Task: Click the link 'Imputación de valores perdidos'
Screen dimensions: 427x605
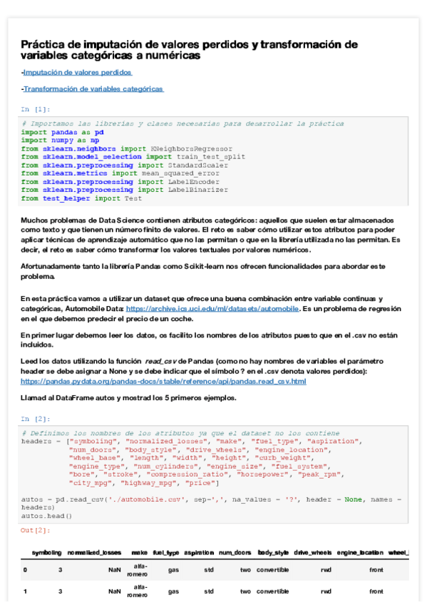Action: coord(77,73)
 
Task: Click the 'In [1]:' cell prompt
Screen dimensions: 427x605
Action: coord(35,109)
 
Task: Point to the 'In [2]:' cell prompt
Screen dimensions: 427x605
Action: coord(35,419)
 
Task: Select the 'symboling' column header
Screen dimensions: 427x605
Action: coord(46,553)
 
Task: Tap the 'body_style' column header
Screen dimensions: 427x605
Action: coord(272,553)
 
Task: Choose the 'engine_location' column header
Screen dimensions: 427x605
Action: coord(360,553)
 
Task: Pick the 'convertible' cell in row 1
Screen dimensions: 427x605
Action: coord(272,591)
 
